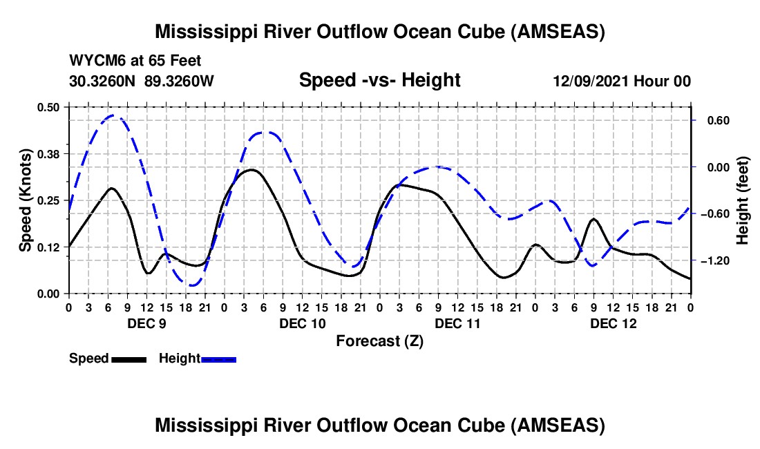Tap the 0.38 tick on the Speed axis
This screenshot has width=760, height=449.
[48, 153]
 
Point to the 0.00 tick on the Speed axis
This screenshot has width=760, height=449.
[48, 294]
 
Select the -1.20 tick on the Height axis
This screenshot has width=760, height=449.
[716, 260]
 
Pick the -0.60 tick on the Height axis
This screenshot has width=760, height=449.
[716, 213]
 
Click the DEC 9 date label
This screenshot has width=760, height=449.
[146, 323]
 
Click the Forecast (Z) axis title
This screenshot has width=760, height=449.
[379, 341]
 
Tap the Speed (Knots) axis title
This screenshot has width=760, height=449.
[25, 200]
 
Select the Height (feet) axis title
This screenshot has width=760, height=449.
[743, 200]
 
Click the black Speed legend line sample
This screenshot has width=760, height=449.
[129, 359]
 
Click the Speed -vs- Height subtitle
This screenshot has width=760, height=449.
[379, 80]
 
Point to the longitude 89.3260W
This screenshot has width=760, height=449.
[180, 81]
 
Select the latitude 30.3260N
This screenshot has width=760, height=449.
[104, 81]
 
